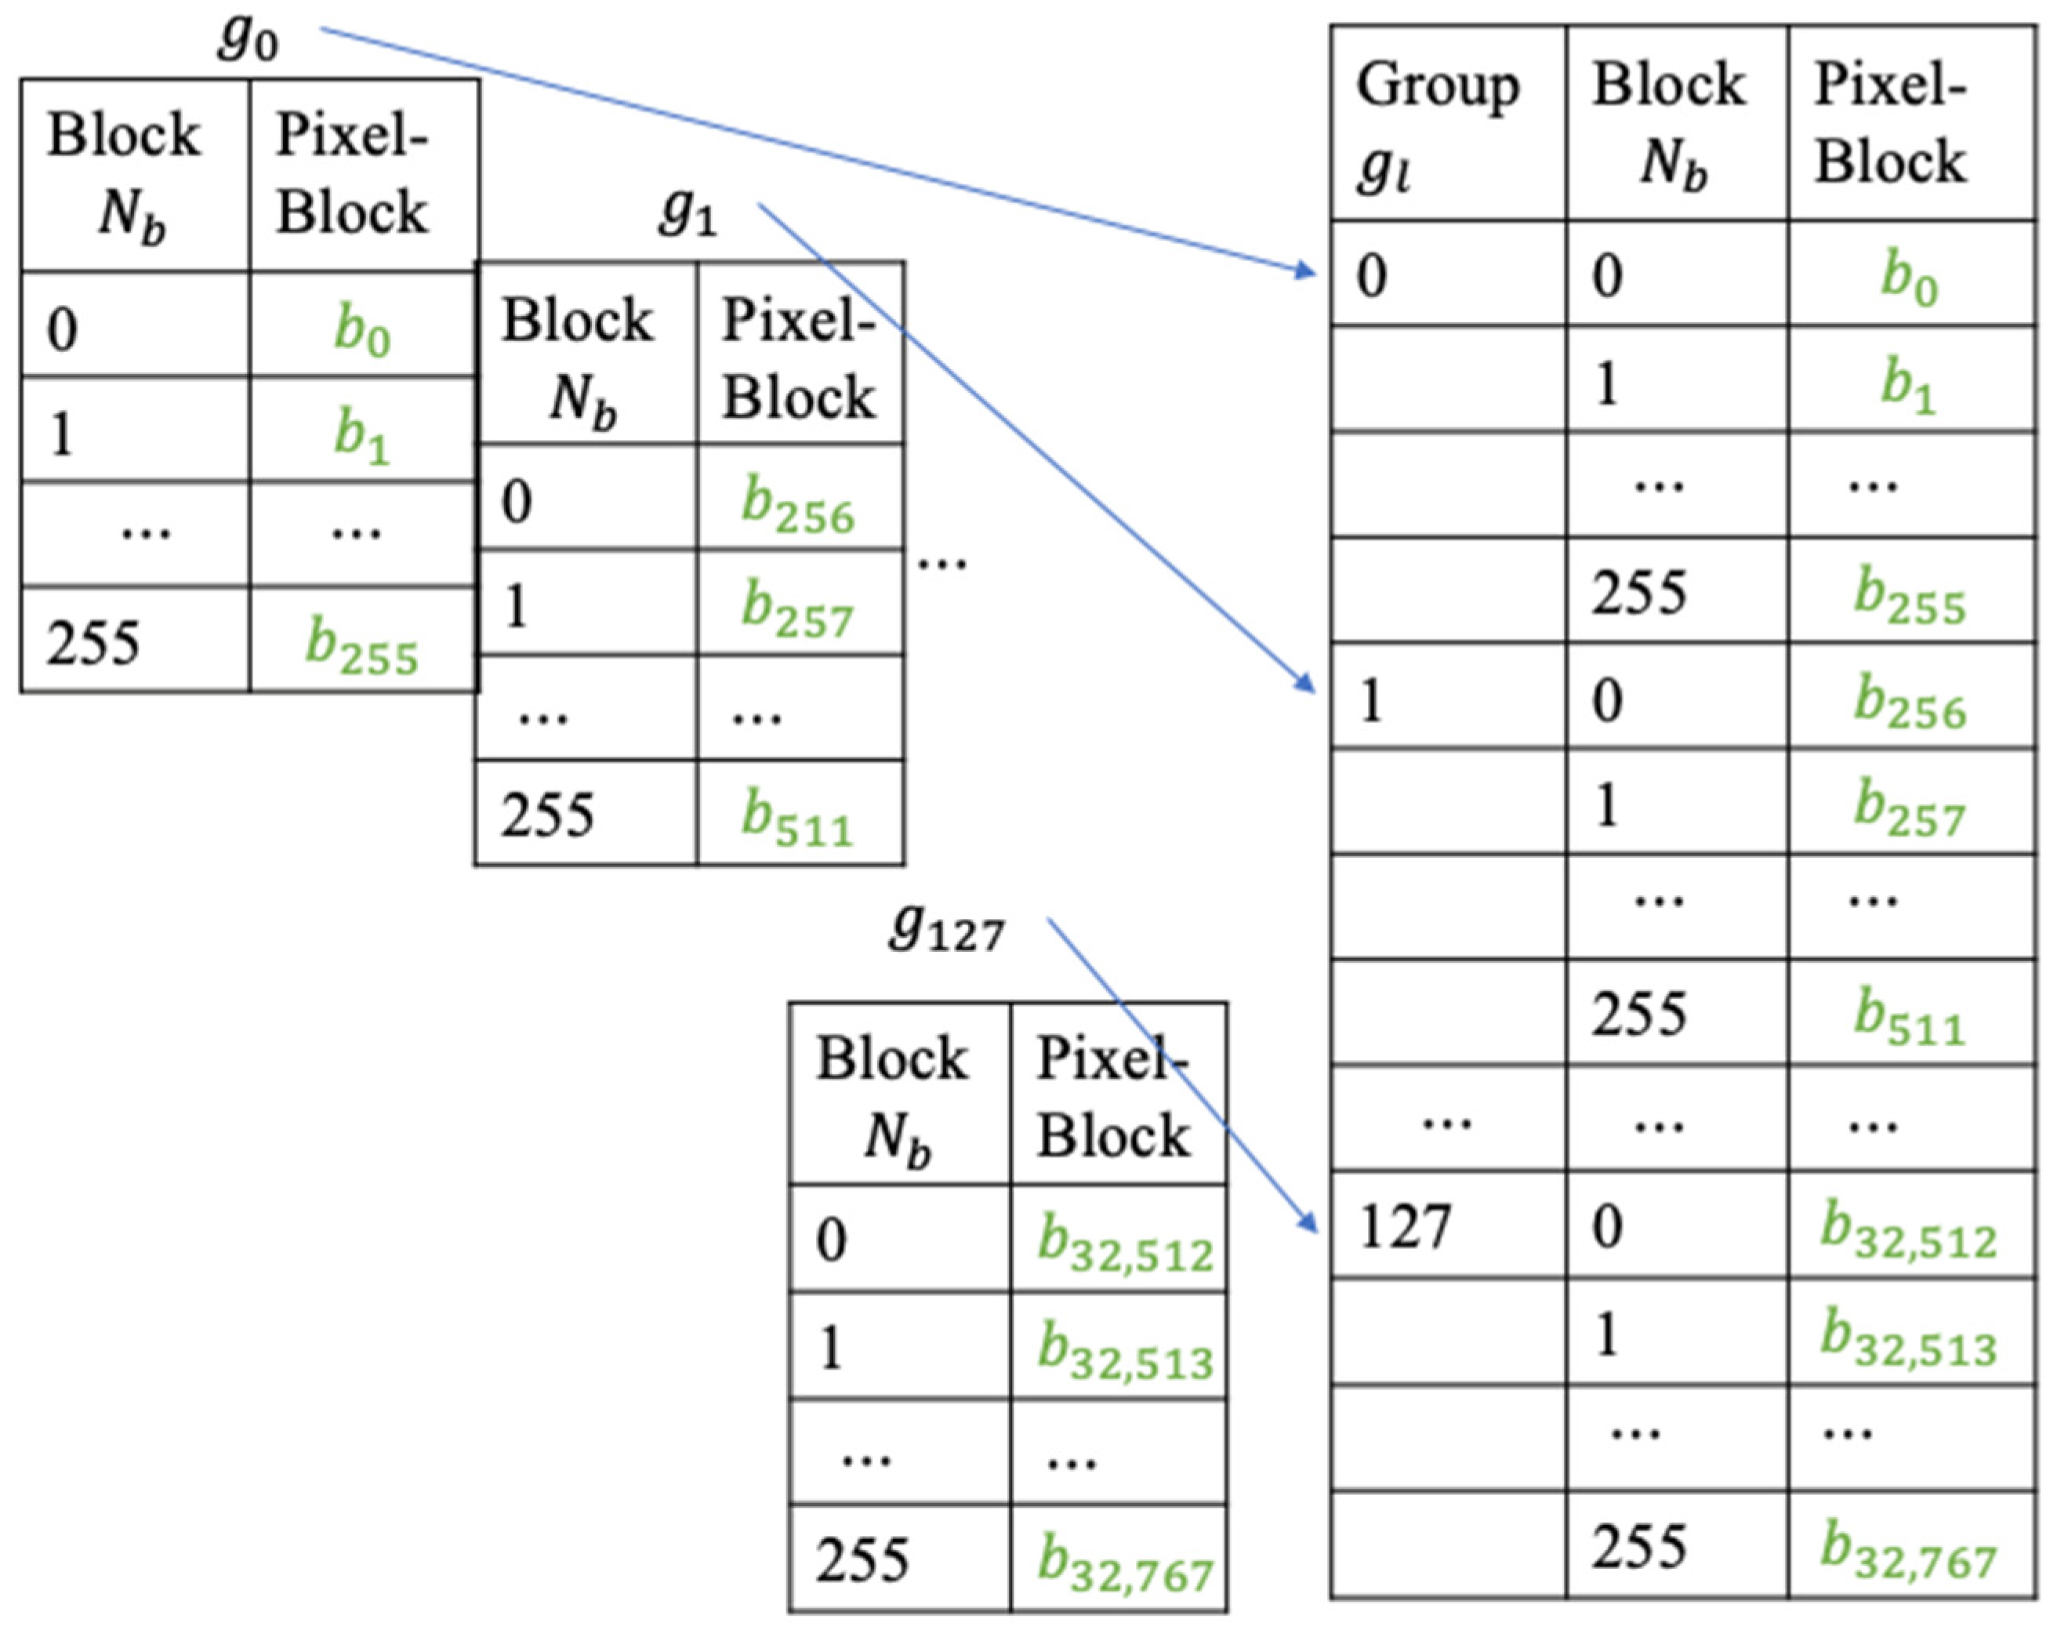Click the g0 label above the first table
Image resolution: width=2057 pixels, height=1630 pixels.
coord(248,38)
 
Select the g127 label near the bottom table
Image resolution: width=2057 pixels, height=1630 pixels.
coord(946,928)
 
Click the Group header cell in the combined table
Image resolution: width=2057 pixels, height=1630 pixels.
coord(1446,124)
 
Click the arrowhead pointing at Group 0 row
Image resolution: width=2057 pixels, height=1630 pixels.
coord(1307,271)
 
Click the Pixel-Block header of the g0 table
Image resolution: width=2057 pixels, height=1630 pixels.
coord(362,175)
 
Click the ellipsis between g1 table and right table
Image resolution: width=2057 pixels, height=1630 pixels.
coord(942,563)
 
